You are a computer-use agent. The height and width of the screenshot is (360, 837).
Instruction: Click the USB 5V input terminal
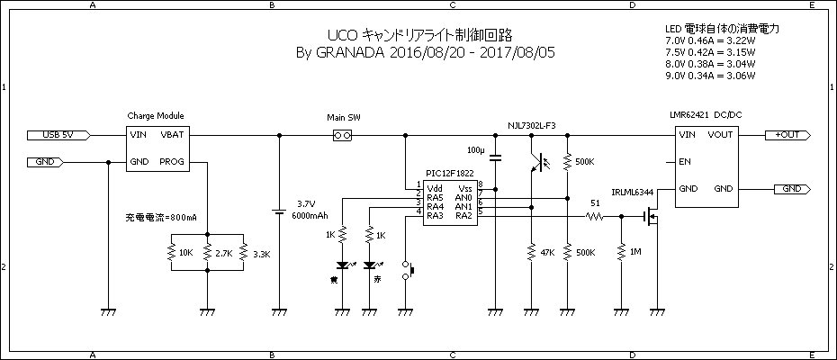pos(64,135)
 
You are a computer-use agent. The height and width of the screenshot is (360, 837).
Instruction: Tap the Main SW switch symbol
pos(341,135)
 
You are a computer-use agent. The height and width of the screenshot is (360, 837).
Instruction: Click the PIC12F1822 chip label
pos(450,174)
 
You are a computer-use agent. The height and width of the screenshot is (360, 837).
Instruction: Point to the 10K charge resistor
pos(171,253)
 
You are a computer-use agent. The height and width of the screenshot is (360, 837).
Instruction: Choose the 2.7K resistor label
pos(223,253)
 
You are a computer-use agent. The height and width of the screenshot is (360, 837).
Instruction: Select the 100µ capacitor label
pos(476,148)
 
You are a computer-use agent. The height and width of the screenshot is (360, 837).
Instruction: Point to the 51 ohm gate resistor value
pos(595,202)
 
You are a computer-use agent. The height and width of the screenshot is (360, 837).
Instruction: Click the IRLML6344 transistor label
pos(632,192)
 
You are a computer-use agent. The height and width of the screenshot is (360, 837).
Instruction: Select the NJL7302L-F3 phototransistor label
pos(532,125)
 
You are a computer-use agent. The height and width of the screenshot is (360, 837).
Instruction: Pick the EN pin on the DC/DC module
pos(685,163)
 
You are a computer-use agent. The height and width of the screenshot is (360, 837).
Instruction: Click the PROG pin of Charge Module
pos(171,162)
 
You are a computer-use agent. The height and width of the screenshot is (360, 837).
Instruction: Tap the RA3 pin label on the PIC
pos(435,216)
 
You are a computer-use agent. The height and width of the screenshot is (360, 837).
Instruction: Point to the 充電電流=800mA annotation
pos(160,219)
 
